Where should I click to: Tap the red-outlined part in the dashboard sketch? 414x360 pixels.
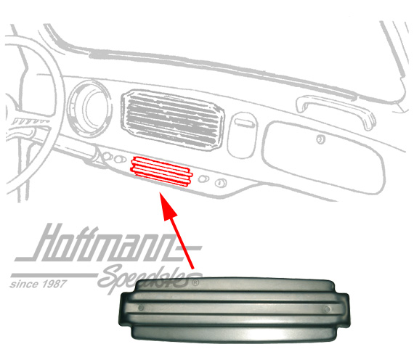[x=161, y=171]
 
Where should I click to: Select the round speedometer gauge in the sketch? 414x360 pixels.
[x=89, y=108]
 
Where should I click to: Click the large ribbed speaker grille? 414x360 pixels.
[x=173, y=119]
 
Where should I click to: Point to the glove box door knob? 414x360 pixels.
[x=320, y=139]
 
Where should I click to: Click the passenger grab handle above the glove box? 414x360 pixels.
[x=336, y=110]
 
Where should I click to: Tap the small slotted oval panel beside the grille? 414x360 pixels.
[x=242, y=135]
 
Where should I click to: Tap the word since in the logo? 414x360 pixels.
[x=24, y=285]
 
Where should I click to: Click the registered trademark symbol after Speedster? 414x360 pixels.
[x=195, y=282]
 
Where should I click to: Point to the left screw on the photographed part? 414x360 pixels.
[x=141, y=308]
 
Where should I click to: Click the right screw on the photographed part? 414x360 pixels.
[x=327, y=308]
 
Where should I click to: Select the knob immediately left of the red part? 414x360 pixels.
[x=120, y=159]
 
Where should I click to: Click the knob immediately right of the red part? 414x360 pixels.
[x=203, y=179]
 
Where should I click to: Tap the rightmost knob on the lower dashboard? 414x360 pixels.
[x=221, y=183]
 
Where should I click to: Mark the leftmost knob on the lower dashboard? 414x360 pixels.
[x=107, y=156]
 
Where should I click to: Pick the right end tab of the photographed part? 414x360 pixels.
[x=344, y=309]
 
